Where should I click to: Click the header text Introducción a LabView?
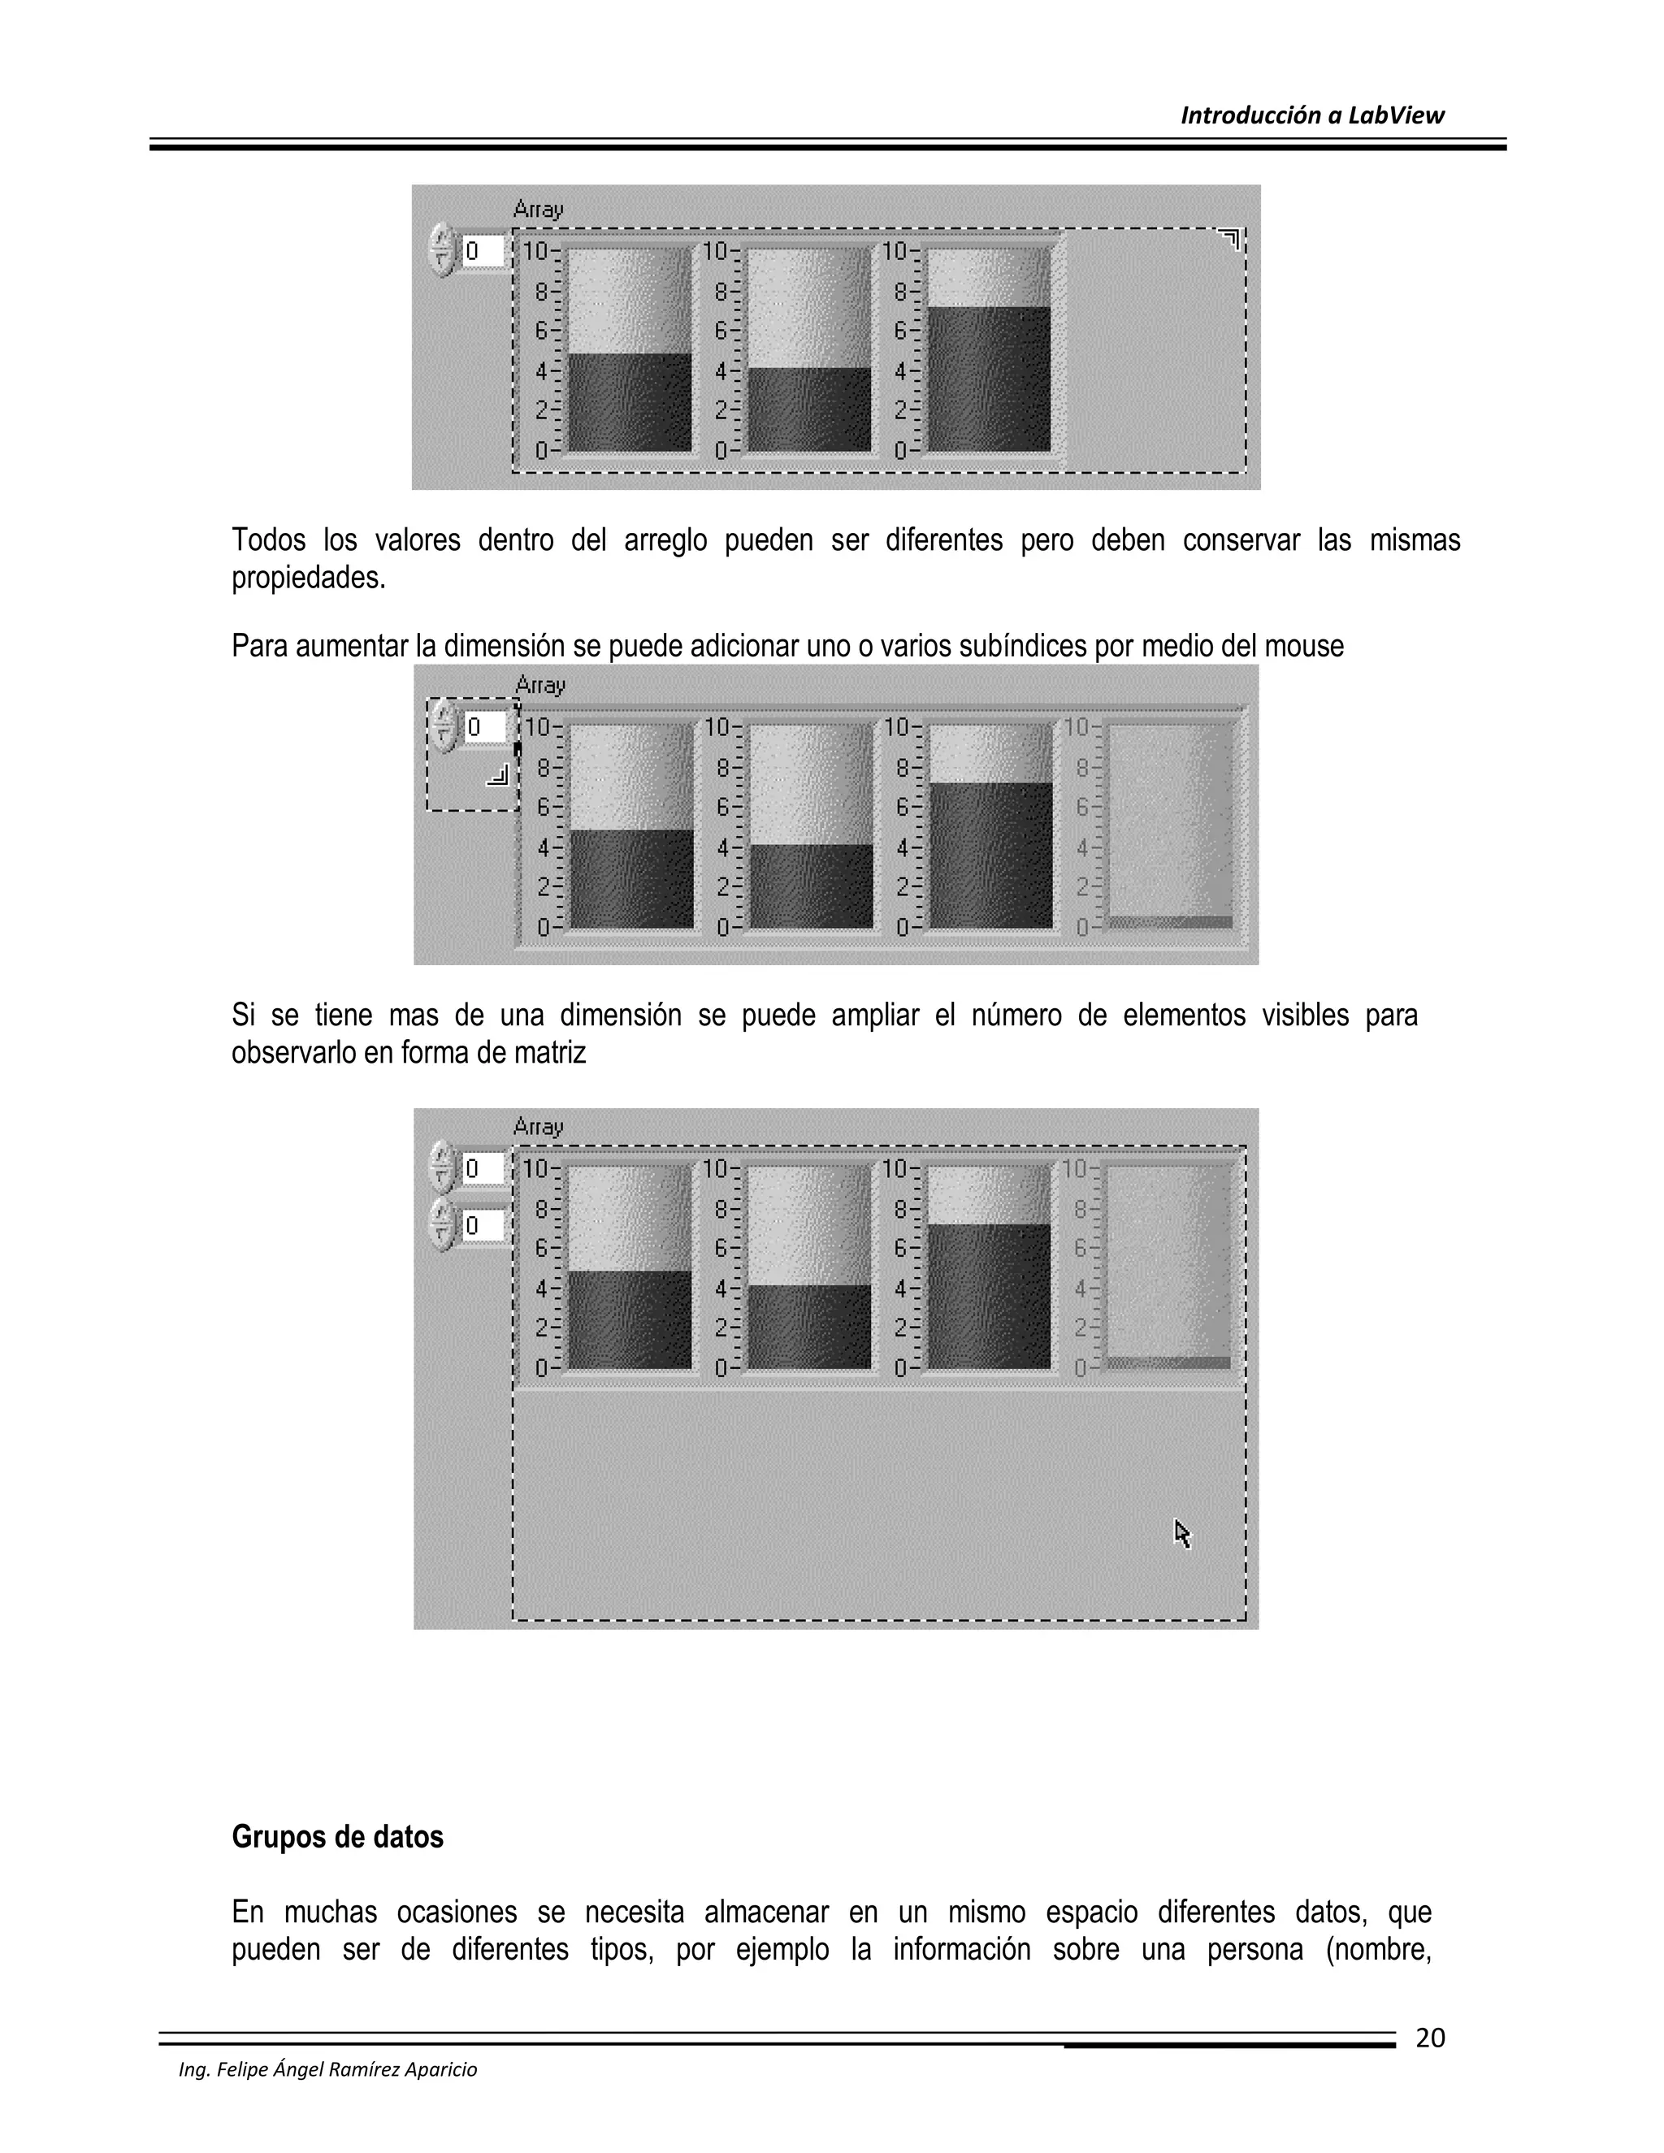point(1311,115)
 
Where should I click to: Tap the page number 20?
point(1429,2038)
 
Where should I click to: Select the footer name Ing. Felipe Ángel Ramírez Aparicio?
point(327,2069)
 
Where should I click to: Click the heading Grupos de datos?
point(337,1837)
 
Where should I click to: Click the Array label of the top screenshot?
point(538,209)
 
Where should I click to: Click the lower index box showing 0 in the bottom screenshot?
point(483,1225)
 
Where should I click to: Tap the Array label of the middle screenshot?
point(540,684)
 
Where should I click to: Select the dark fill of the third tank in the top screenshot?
point(989,379)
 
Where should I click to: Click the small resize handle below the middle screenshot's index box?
point(498,776)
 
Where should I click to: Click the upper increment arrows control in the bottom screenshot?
point(443,1167)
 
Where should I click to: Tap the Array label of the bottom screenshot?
point(538,1126)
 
